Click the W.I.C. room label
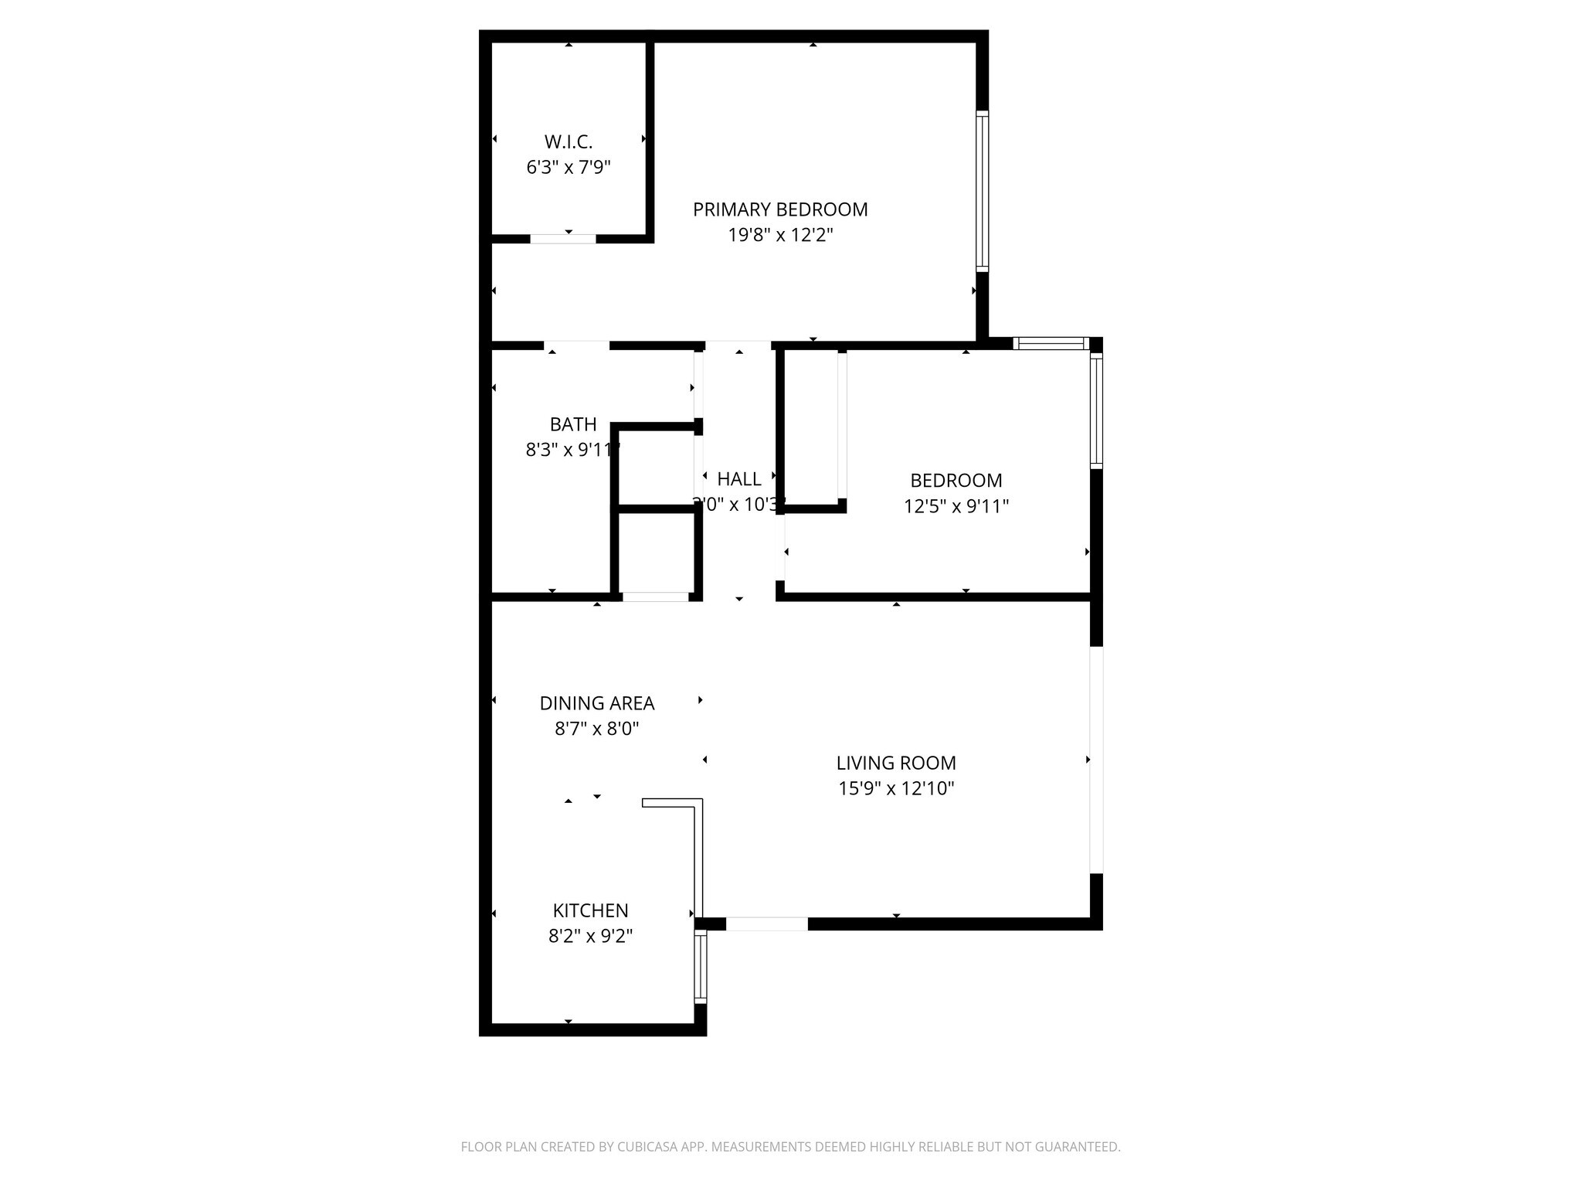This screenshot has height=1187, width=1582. [x=569, y=142]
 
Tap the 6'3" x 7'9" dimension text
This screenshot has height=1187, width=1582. [x=569, y=168]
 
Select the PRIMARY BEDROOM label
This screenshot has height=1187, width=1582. [x=780, y=209]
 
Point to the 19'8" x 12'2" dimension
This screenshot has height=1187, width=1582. [x=780, y=235]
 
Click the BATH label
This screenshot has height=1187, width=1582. [x=573, y=424]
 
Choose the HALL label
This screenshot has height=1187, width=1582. [x=739, y=479]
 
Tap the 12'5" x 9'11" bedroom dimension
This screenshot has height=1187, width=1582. [x=956, y=506]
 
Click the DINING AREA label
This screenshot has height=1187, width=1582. [x=597, y=703]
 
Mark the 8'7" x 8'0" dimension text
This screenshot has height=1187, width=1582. [x=597, y=729]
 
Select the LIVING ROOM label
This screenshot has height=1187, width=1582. [x=896, y=764]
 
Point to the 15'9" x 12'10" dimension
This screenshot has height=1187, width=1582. [x=896, y=789]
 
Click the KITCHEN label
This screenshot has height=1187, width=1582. [x=590, y=911]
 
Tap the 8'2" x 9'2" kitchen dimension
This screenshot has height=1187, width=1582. [x=590, y=937]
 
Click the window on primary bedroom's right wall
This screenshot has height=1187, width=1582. [x=982, y=191]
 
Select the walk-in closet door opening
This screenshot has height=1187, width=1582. [x=563, y=239]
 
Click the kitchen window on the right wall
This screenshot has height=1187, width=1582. [x=701, y=966]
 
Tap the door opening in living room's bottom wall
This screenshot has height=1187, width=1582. [x=767, y=923]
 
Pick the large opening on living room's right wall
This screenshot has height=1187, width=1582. [x=1096, y=760]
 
